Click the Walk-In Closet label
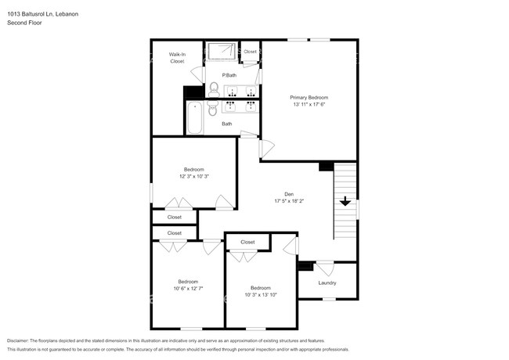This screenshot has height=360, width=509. [x=177, y=57]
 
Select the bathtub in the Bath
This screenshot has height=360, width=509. [x=194, y=117]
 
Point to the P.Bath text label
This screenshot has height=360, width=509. [x=229, y=75]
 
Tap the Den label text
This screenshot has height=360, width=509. [x=289, y=194]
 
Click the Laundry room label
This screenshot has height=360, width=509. [x=327, y=283]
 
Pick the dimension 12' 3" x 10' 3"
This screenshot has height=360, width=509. [x=193, y=176]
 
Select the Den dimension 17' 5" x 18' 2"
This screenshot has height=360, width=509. [x=289, y=201]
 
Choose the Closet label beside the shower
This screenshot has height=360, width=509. [x=250, y=52]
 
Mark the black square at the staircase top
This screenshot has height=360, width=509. [x=326, y=166]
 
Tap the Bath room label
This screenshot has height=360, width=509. [x=226, y=124]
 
